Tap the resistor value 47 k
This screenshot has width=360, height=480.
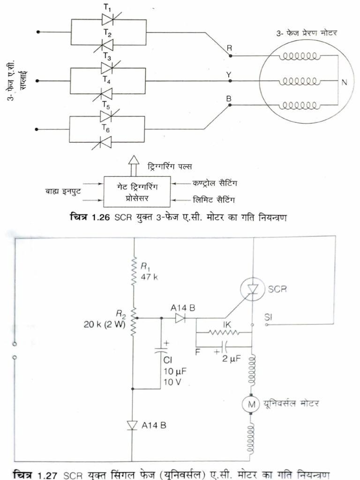pyautogui.click(x=150, y=277)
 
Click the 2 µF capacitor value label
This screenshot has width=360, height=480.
pyautogui.click(x=232, y=359)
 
